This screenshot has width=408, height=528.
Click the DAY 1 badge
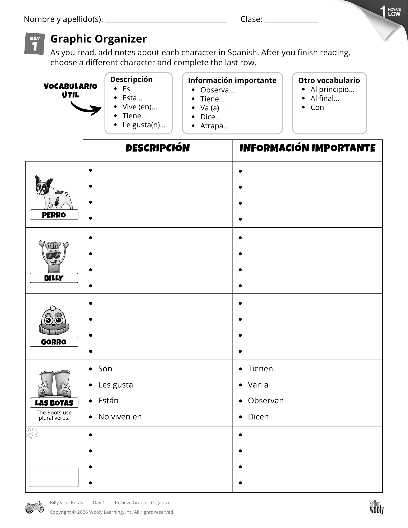pos(34,44)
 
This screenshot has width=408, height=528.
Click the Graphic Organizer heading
pos(99,39)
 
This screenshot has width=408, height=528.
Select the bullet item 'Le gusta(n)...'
pos(144,125)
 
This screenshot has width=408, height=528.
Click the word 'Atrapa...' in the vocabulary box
pos(214,126)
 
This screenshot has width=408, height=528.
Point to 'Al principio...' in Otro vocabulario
pos(332,90)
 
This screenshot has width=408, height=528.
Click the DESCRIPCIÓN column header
pos(158,148)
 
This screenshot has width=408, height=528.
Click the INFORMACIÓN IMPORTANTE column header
pos(307,148)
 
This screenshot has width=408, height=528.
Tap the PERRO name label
pos(54,215)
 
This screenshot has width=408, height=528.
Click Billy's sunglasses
pos(53,255)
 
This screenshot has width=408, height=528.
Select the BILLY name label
pos(54,278)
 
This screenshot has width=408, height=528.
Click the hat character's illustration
pos(54,320)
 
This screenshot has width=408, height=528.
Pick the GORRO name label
pos(54,342)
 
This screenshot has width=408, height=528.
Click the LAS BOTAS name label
pos(54,403)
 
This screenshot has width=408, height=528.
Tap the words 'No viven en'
pos(120,417)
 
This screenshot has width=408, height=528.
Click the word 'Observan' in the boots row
pos(266,401)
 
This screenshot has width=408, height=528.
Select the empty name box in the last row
pos(54,477)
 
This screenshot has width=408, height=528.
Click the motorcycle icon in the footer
pos(34,507)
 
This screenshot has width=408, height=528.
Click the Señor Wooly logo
pos(376,507)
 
